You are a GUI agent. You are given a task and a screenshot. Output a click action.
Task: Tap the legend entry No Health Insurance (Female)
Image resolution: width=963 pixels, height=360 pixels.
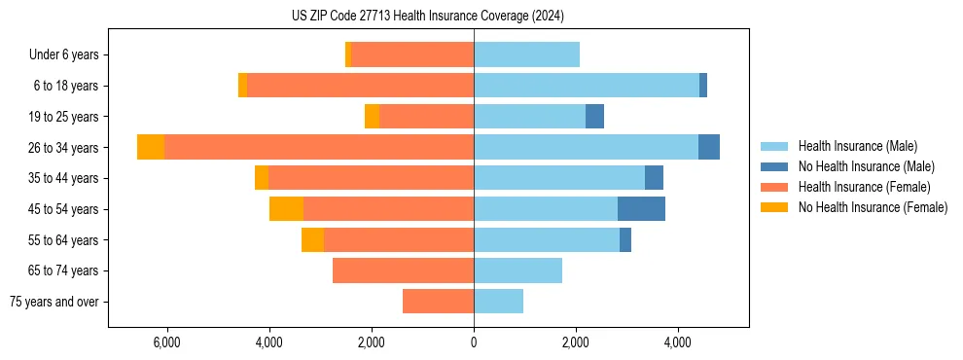point(872,207)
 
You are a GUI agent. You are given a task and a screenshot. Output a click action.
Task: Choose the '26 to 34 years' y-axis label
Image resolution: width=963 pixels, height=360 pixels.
point(64,148)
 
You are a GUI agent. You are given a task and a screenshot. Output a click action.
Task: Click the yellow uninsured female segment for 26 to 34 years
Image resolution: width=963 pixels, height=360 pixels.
point(151,147)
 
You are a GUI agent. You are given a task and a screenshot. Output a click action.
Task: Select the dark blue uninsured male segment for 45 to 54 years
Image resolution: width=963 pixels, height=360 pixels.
point(641,208)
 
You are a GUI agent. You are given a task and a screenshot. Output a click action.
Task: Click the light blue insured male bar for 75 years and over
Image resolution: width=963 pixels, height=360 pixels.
point(498,302)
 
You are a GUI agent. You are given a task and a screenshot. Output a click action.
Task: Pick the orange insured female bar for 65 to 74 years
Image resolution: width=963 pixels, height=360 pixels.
point(403,270)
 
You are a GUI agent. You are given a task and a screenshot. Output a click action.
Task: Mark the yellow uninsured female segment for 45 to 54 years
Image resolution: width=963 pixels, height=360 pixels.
point(286,208)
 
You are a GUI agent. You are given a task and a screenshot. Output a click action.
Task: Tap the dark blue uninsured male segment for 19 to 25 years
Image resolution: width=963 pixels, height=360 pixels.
point(594,116)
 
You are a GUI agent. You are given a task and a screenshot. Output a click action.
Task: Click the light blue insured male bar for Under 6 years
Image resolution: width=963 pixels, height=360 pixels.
point(526,54)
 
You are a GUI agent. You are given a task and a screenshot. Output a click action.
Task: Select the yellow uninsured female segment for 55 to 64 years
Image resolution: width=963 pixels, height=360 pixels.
point(312,239)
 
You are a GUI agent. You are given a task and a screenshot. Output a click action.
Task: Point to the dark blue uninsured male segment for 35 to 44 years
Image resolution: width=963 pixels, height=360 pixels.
point(654,178)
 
